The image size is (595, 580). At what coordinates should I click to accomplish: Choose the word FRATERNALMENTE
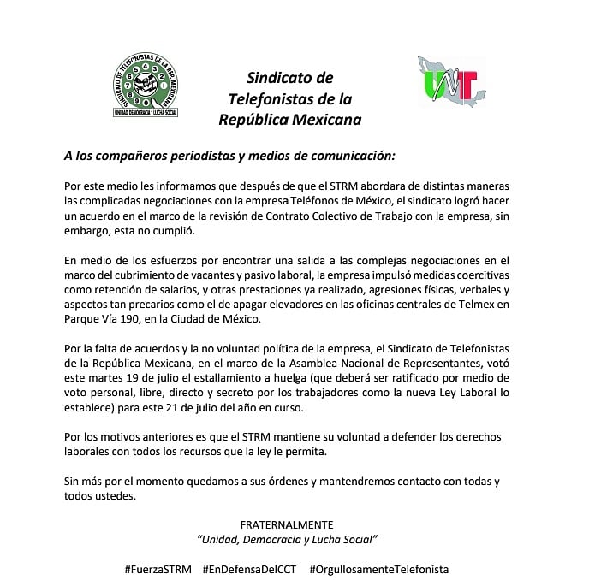287,524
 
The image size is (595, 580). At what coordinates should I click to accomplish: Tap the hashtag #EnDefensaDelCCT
249,569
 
